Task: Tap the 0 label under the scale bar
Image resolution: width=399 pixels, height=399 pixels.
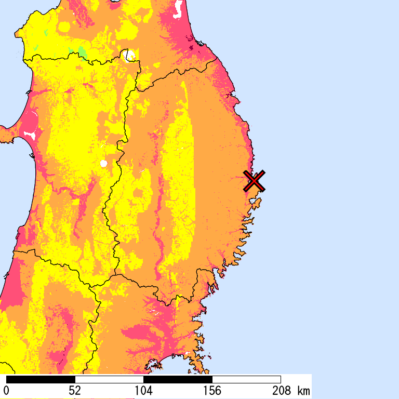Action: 6,390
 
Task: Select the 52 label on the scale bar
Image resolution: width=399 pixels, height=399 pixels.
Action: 75,390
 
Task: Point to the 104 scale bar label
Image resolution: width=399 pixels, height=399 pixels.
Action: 143,390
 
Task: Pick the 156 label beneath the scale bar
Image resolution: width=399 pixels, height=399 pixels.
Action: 212,390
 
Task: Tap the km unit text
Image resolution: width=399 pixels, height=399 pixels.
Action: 303,390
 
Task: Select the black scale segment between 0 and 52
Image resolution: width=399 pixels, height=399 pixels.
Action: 41,379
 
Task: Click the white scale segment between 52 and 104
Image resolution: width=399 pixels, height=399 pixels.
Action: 109,379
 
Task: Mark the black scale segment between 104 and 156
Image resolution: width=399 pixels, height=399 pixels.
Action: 178,379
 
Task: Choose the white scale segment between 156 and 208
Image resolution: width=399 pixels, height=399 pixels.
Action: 246,379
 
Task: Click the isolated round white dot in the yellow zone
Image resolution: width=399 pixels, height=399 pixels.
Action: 104,164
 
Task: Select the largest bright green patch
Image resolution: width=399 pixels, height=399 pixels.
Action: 82,51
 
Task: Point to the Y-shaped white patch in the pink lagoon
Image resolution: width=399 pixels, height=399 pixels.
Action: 30,135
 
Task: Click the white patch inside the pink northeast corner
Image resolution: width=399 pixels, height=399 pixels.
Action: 179,7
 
